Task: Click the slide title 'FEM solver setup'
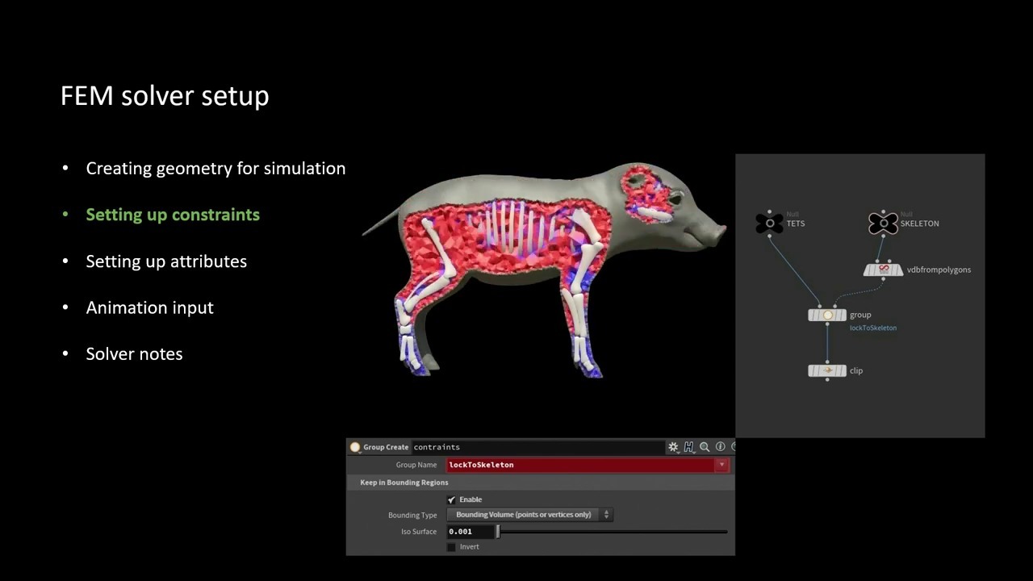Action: pyautogui.click(x=165, y=96)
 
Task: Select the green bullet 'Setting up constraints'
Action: pyautogui.click(x=173, y=215)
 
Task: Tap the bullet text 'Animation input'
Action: pyautogui.click(x=149, y=307)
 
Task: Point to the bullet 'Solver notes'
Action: pyautogui.click(x=134, y=353)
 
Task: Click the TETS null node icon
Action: pyautogui.click(x=769, y=224)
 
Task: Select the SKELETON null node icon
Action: pyautogui.click(x=883, y=224)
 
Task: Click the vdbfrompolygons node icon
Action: pyautogui.click(x=883, y=270)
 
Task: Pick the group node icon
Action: pyautogui.click(x=827, y=315)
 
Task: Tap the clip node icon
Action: pyautogui.click(x=827, y=370)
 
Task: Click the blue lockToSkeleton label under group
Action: pyautogui.click(x=873, y=328)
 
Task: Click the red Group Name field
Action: pyautogui.click(x=588, y=465)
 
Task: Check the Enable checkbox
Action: pyautogui.click(x=451, y=499)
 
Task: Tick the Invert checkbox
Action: pyautogui.click(x=451, y=547)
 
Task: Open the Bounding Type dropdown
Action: pyautogui.click(x=530, y=515)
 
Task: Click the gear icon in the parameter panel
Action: pyautogui.click(x=673, y=447)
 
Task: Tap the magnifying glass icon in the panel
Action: pyautogui.click(x=705, y=447)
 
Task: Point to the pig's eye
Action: pyautogui.click(x=676, y=199)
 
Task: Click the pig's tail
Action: pyautogui.click(x=381, y=222)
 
